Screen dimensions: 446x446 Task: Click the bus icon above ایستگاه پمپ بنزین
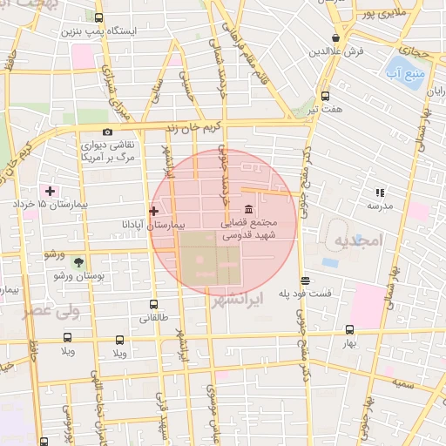98,17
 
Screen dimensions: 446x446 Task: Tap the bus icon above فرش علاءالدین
335,37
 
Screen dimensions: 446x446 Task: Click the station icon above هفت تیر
325,96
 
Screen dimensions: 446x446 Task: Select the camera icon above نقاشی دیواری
107,132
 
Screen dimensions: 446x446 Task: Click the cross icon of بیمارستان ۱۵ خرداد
50,190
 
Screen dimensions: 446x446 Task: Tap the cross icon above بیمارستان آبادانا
154,211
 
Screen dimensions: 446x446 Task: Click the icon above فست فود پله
305,280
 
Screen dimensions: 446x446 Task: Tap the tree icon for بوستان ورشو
78,261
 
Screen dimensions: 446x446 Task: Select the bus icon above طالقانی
153,305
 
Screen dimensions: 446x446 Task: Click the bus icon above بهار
349,329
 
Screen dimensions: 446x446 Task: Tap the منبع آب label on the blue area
409,70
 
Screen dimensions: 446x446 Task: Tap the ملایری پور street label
386,15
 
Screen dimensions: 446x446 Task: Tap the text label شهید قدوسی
247,235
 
